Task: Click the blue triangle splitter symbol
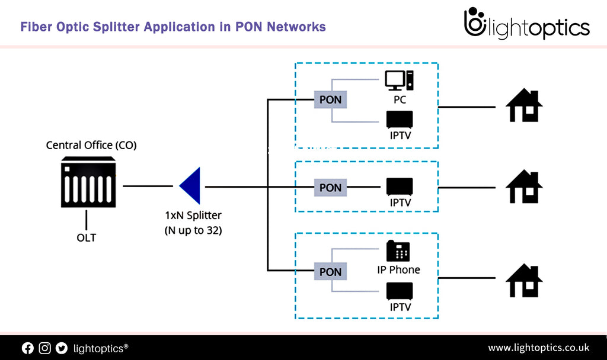192,187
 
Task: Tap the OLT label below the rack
86,238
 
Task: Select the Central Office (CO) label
91,145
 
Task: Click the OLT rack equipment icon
88,182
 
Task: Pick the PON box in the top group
330,99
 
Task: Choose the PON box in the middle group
330,188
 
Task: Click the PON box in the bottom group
330,272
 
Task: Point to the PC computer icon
399,81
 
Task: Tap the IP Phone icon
398,251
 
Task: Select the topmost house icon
524,106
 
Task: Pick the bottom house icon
524,280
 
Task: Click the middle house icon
524,187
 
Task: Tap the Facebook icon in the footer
28,348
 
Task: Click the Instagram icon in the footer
44,348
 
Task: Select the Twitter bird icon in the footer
61,348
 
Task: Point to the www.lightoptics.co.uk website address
538,348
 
